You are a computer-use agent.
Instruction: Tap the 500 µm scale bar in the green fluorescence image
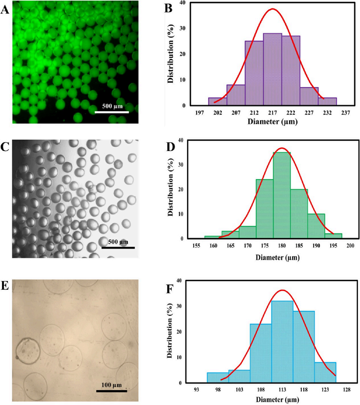pyautogui.click(x=112, y=112)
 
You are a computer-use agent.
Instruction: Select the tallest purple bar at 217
pyautogui.click(x=273, y=69)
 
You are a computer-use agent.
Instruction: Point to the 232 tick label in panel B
pyautogui.click(x=327, y=113)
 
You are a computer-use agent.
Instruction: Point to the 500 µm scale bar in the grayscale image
pyautogui.click(x=118, y=248)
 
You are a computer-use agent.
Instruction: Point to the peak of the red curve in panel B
pyautogui.click(x=272, y=9)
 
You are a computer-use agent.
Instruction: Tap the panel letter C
pyautogui.click(x=5, y=147)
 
